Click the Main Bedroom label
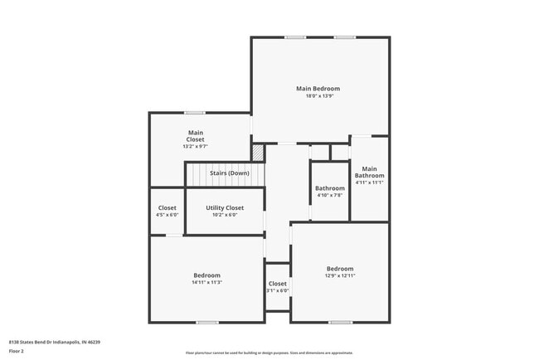[318, 89]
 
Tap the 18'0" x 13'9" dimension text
[318, 96]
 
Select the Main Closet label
[196, 136]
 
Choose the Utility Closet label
[225, 207]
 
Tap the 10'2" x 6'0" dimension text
[225, 215]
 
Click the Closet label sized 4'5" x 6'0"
[168, 207]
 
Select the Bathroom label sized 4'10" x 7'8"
[329, 188]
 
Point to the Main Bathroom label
[370, 173]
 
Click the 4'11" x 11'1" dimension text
[370, 183]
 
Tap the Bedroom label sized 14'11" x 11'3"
[207, 275]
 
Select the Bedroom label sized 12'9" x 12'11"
[340, 269]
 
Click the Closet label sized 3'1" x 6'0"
[278, 284]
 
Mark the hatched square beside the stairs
[258, 153]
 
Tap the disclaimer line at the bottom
[269, 353]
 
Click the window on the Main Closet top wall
[195, 113]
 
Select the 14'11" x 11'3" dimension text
[207, 283]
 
